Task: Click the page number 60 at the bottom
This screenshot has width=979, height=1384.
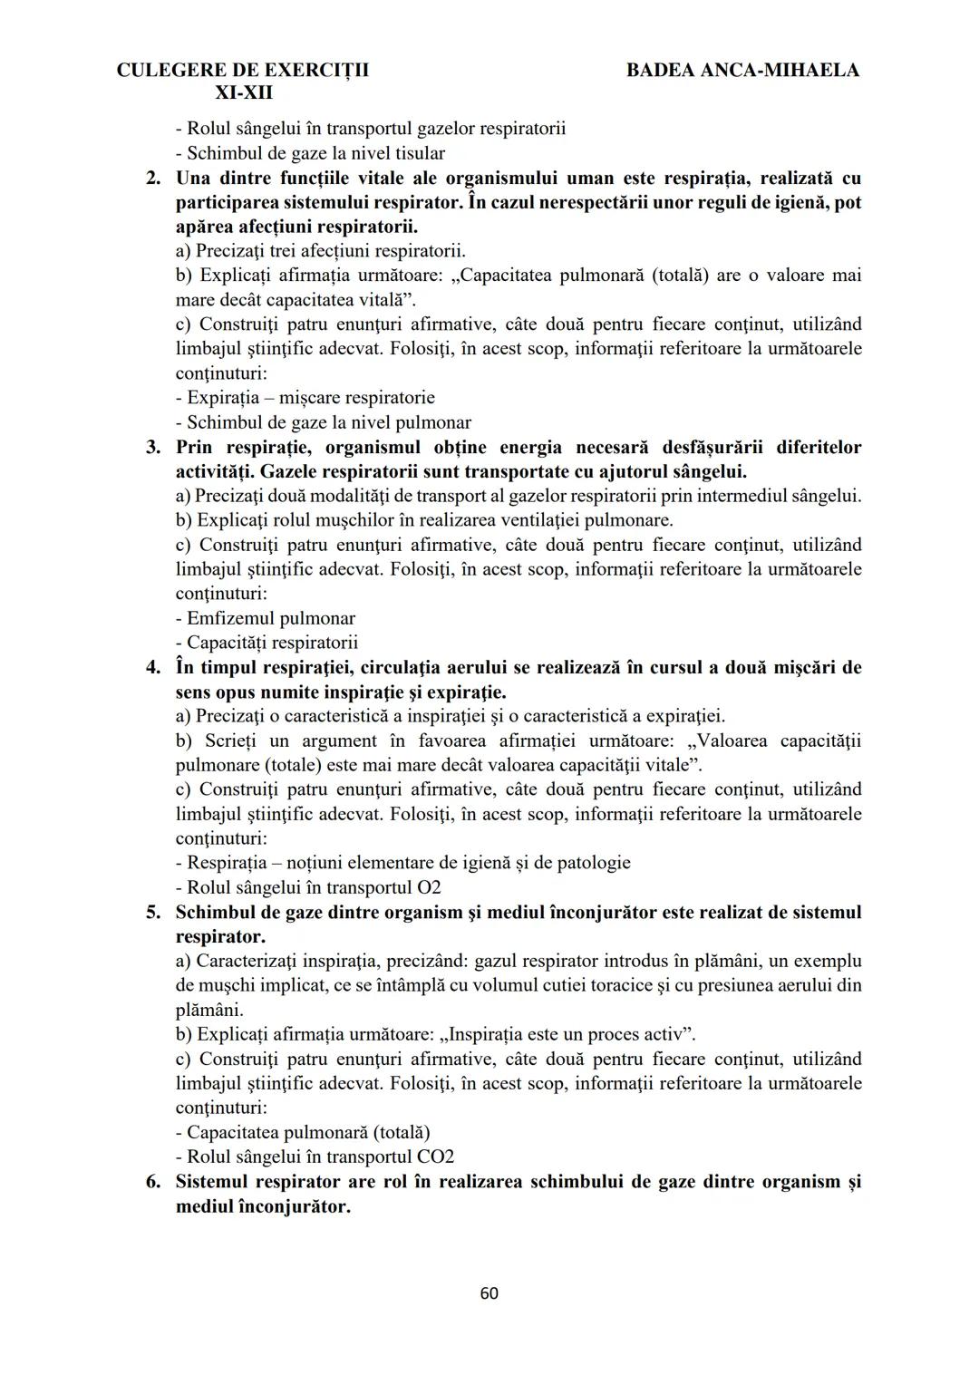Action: point(489,1293)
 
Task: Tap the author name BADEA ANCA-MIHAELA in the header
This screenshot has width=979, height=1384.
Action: point(742,70)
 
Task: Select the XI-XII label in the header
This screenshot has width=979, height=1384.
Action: point(244,93)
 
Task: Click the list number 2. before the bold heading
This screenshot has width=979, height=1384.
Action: point(153,178)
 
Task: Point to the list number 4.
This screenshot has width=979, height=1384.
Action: point(153,668)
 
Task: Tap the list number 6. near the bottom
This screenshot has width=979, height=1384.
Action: point(153,1182)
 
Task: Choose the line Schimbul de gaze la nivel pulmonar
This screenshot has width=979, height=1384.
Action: point(324,422)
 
